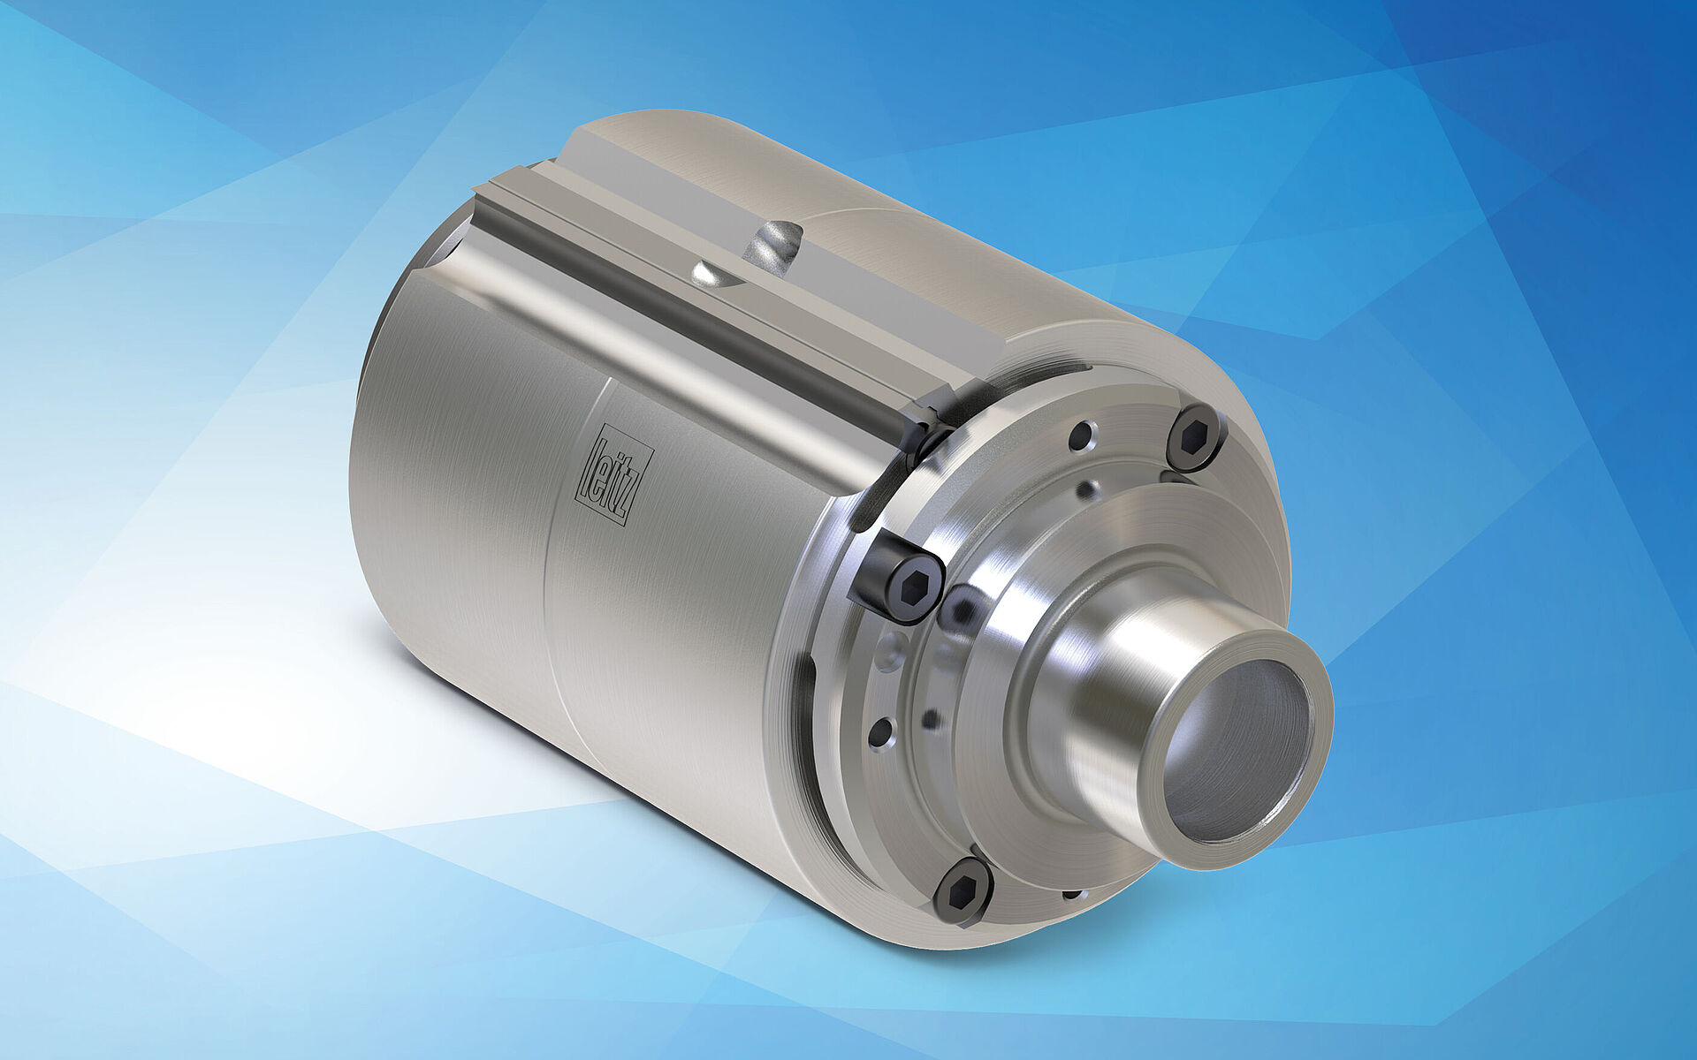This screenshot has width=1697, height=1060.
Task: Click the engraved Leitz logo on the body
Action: [614, 474]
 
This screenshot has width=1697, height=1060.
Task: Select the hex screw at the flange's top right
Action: [1196, 438]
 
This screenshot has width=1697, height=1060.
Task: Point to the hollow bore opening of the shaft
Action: [1236, 751]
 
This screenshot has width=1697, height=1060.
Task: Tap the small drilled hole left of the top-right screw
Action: [1081, 435]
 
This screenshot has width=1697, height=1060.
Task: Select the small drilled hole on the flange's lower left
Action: [881, 732]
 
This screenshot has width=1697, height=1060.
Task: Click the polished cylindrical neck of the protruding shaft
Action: [1105, 698]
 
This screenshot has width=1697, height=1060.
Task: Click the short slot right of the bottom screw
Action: [1072, 895]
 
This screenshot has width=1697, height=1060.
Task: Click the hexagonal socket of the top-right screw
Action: [1196, 436]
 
